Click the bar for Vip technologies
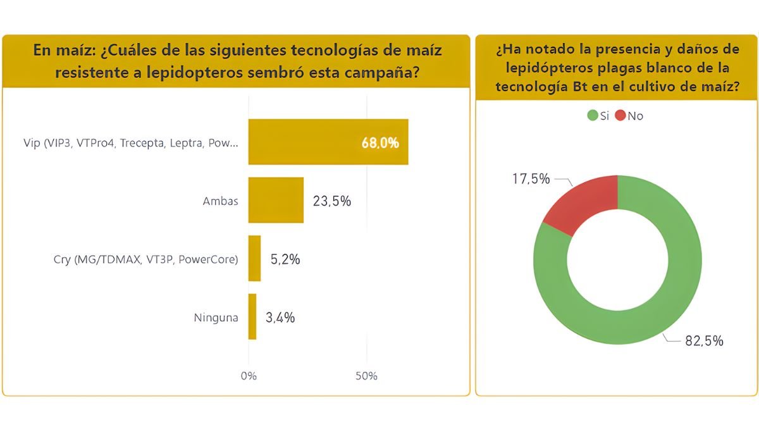328,142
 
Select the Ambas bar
276,200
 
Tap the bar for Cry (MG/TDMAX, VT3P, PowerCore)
254,258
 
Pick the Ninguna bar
252,316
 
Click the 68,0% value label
380,143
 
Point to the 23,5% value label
331,201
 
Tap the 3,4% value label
280,318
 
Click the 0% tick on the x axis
249,376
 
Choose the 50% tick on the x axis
366,376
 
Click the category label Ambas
220,201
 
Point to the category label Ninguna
216,318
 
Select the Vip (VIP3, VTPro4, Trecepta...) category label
131,144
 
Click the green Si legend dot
593,115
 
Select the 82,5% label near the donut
704,341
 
